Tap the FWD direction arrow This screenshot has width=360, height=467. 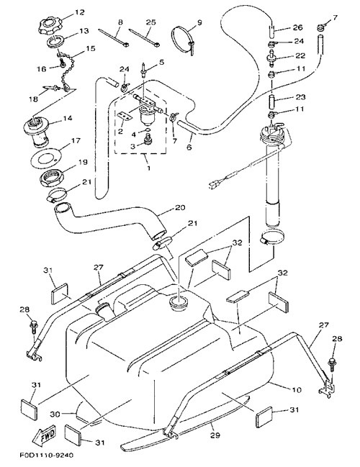[45, 434]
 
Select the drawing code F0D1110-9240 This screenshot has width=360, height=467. [47, 455]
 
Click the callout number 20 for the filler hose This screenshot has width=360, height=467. [180, 207]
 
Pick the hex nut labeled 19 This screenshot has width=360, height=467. [51, 178]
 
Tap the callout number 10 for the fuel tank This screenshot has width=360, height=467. [295, 389]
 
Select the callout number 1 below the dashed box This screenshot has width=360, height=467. [148, 168]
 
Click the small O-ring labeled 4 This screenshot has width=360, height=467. [148, 130]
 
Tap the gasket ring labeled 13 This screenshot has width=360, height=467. [55, 41]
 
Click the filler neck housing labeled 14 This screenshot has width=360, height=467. [38, 132]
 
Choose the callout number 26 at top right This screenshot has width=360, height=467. [297, 27]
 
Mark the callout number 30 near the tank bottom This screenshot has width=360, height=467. [55, 414]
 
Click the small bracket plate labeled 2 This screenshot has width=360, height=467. [125, 116]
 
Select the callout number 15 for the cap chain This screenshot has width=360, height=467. [91, 48]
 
